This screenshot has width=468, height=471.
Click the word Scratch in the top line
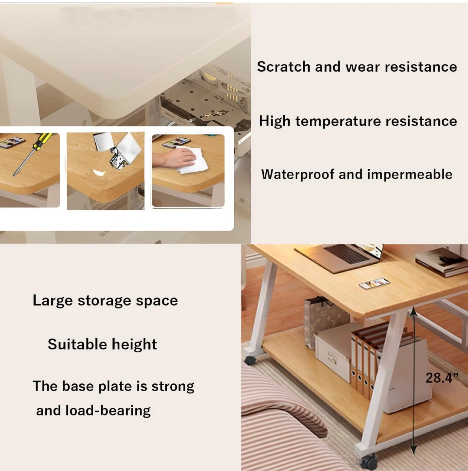pos(283,66)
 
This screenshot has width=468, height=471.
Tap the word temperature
pos(338,121)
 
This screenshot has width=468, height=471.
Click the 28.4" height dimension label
pos(442,378)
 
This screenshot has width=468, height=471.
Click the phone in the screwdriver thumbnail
pos(12,142)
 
